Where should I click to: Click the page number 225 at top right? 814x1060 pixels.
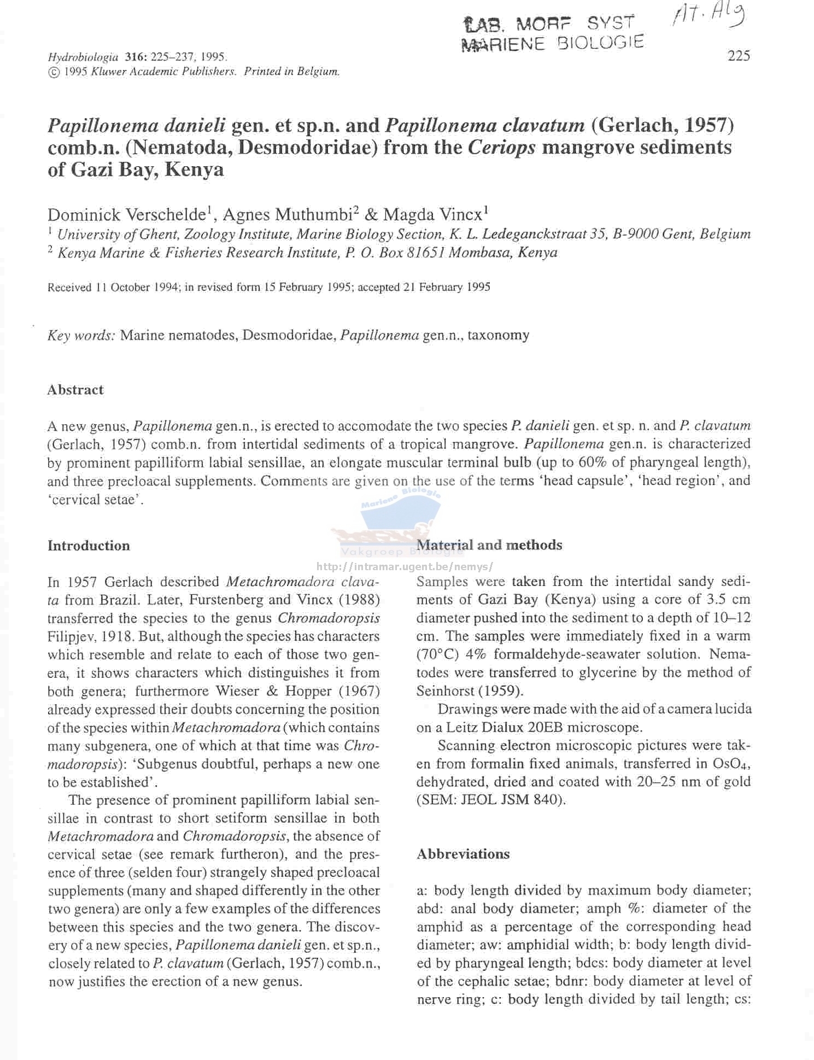(x=739, y=56)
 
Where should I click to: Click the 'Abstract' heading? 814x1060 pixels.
(x=75, y=390)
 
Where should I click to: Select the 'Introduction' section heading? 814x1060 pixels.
(x=89, y=546)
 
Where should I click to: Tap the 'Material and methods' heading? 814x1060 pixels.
(x=489, y=545)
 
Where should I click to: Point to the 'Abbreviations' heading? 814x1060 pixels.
(x=463, y=854)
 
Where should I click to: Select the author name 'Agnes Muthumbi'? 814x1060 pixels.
(x=287, y=214)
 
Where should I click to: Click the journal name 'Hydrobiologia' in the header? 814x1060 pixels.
(x=83, y=57)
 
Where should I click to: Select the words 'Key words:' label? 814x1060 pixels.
(x=81, y=335)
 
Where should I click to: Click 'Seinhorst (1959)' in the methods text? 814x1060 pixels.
(x=470, y=691)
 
